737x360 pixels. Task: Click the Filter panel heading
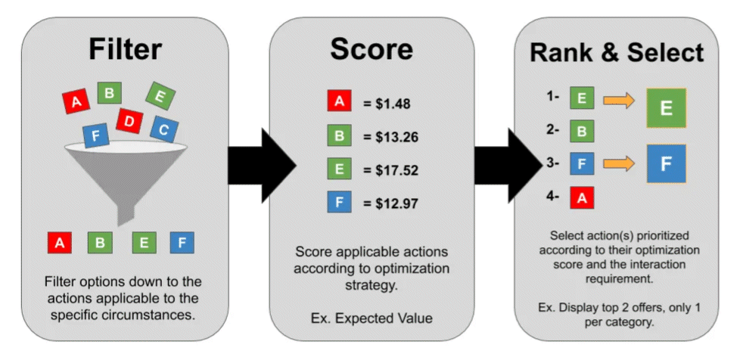point(126,49)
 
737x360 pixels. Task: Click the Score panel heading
point(372,49)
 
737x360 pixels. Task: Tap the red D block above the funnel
point(129,121)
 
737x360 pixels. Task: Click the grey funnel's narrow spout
point(126,215)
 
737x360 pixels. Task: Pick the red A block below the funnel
point(60,243)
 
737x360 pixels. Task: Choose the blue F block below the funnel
point(182,243)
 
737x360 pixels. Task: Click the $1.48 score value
point(387,104)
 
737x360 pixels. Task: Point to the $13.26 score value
point(390,137)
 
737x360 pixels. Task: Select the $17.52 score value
point(390,170)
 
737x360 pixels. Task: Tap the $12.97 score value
point(390,203)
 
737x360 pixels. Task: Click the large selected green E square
point(666,107)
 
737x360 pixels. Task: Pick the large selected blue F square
point(666,163)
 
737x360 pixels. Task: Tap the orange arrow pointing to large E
point(619,100)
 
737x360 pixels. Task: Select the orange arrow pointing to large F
point(619,163)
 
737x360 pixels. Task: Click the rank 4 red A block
point(582,197)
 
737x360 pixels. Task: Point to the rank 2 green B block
point(582,131)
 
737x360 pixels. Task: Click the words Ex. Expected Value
point(372,318)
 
